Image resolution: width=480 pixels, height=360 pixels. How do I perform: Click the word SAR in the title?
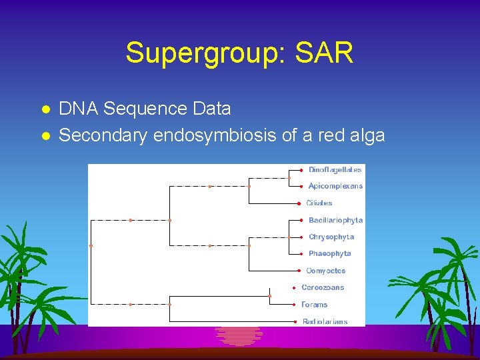coord(326,53)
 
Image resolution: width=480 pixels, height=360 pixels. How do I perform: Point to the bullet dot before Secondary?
coord(45,136)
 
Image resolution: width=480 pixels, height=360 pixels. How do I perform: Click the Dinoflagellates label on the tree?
coord(335,170)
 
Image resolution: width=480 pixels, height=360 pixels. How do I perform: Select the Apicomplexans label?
coord(335,186)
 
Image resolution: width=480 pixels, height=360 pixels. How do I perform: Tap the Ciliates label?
coord(319,203)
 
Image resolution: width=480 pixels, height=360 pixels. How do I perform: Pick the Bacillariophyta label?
coord(335,220)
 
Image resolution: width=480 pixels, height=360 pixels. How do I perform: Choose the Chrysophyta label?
coord(331,237)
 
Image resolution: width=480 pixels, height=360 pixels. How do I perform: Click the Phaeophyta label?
coord(329,253)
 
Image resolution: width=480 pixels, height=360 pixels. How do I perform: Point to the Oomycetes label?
coord(325,271)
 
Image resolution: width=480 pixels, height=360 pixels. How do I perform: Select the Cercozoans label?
coord(323,287)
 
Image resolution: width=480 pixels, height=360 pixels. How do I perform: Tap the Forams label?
coord(314,305)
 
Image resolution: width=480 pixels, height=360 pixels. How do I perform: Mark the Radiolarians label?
coord(325,321)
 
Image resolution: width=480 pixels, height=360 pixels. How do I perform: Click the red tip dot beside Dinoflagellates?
coord(302,170)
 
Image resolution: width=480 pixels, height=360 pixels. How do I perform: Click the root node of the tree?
coord(91,245)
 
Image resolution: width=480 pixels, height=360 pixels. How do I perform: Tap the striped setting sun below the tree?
coord(239,335)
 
